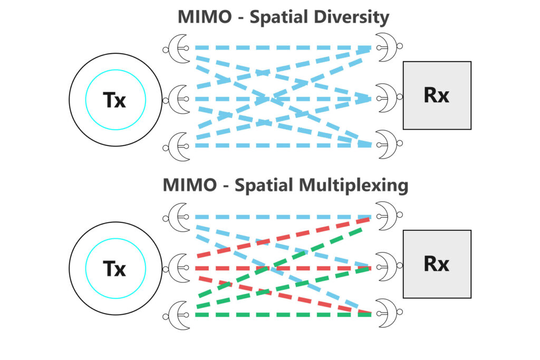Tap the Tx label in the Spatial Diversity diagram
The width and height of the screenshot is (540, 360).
coord(115,99)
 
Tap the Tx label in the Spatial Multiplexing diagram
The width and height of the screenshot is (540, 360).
coord(115,269)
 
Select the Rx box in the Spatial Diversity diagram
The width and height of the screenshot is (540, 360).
coord(437,95)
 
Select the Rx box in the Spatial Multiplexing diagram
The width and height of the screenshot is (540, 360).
coord(437,264)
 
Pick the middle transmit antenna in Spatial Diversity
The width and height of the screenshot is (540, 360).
coord(177,98)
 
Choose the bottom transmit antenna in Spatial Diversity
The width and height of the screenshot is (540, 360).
coord(177,144)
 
